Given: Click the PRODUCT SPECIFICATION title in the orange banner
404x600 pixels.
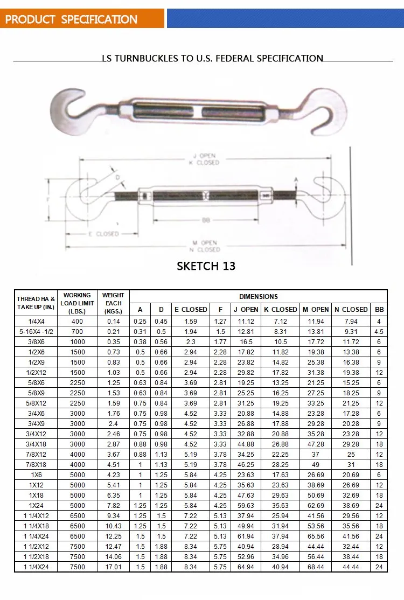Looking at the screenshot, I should [71, 20].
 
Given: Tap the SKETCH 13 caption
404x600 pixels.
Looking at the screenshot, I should [206, 266].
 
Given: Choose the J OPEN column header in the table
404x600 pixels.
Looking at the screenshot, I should [246, 310].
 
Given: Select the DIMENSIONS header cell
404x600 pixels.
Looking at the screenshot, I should [259, 296].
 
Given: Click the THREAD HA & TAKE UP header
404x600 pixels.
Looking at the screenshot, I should [36, 303].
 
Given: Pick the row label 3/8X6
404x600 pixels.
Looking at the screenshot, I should [36, 341].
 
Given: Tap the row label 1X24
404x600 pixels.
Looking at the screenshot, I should [36, 505].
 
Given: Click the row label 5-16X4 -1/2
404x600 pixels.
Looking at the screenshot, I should [36, 331].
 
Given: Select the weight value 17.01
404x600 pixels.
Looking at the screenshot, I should [113, 567].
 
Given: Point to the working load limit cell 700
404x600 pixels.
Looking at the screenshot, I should [77, 331].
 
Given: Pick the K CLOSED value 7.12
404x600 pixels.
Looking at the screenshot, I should [280, 321].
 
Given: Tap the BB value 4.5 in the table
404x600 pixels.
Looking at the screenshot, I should [379, 331].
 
